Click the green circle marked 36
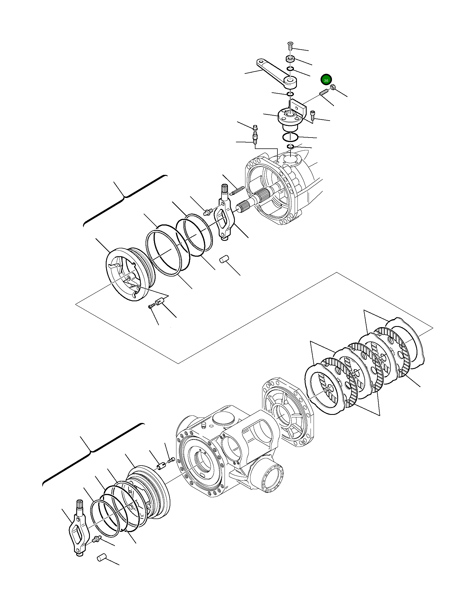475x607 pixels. tap(326, 80)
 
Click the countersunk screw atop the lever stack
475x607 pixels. tap(290, 45)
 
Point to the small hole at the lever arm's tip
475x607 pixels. tap(261, 61)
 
